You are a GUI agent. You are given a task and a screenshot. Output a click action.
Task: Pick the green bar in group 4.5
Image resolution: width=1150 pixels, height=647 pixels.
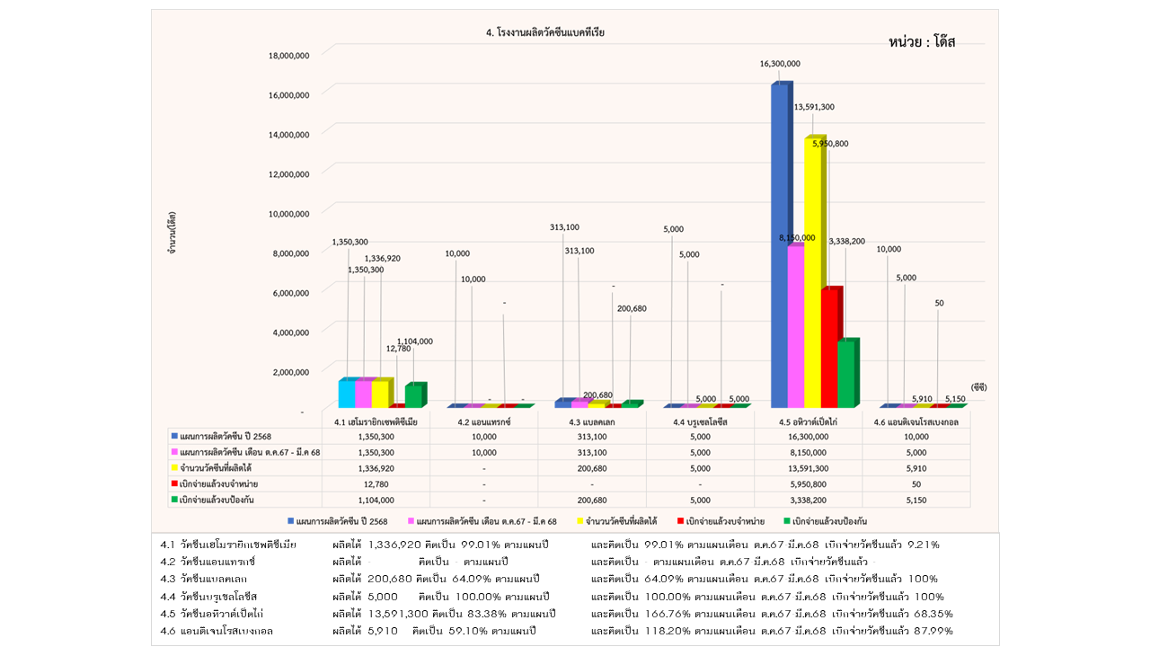(846, 373)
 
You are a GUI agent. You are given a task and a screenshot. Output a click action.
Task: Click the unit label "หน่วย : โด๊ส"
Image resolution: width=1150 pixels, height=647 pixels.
(922, 42)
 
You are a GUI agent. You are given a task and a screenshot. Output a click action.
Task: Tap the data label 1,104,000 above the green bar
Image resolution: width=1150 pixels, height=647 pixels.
(414, 341)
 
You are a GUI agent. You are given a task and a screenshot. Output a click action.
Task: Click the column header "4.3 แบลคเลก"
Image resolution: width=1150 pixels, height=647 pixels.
(590, 421)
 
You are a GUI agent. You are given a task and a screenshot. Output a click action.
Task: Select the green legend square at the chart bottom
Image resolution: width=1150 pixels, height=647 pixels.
(785, 521)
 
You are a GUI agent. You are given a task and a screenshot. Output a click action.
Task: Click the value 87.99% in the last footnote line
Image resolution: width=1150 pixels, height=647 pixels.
(933, 631)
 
